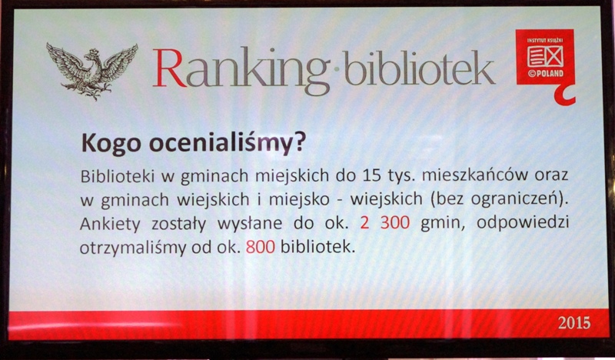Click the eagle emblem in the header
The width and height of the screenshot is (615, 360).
92,71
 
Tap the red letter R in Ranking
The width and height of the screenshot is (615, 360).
169,68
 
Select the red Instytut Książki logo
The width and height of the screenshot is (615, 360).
545,58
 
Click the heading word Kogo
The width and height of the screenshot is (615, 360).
111,144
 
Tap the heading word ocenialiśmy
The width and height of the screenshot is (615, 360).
221,144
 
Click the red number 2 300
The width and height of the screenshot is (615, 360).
385,223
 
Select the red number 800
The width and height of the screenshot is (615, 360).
261,247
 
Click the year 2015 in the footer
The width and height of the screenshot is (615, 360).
574,323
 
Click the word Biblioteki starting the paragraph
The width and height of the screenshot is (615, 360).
117,175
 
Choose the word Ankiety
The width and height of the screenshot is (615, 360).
110,224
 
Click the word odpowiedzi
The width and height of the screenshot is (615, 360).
523,224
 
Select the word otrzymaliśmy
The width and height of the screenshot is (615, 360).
133,248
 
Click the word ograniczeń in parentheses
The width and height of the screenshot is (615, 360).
514,199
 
